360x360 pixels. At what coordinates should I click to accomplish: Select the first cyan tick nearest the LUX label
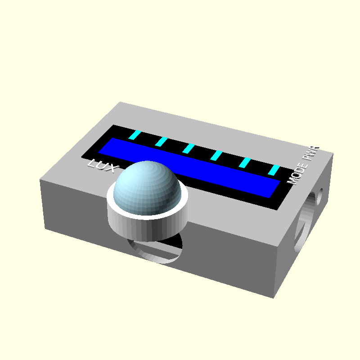point(135,135)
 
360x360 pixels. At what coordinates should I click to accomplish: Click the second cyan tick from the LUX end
point(162,142)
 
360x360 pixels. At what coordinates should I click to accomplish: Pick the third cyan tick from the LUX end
point(189,148)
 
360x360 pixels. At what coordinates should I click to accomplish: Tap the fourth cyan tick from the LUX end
point(217,155)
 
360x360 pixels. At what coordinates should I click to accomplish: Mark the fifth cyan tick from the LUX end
point(245,162)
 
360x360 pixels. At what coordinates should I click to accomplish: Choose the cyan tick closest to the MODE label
point(274,170)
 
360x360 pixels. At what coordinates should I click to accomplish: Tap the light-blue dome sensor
point(146,187)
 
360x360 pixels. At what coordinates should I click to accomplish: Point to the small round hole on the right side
point(320,194)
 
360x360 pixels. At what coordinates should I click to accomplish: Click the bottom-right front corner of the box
point(274,297)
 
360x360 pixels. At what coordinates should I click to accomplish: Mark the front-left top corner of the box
point(40,180)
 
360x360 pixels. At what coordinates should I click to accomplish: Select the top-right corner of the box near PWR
point(333,154)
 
